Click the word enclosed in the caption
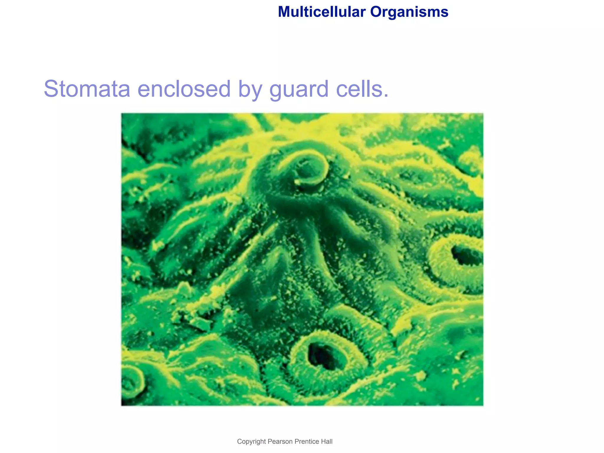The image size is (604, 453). [x=184, y=89]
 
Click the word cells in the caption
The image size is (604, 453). [x=359, y=89]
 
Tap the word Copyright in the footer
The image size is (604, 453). [x=251, y=441]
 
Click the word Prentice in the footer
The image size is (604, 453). [x=306, y=441]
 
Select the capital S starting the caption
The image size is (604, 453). [x=52, y=89]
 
